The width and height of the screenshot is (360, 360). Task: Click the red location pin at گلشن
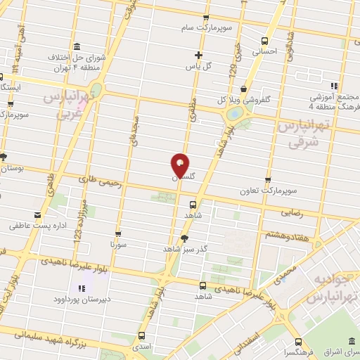[181, 165]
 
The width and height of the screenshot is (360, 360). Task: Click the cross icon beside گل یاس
[199, 55]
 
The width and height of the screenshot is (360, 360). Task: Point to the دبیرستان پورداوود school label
[83, 299]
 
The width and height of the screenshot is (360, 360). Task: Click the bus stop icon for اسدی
[142, 335]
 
